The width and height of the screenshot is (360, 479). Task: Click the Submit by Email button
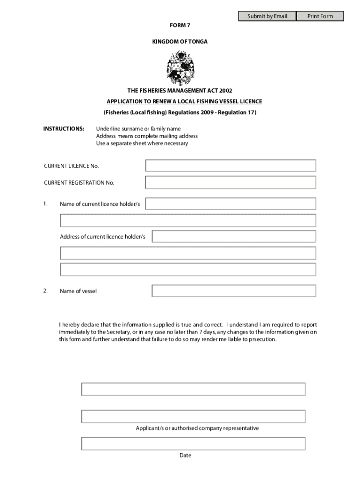tap(267, 16)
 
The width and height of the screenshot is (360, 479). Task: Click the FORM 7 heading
tap(180, 26)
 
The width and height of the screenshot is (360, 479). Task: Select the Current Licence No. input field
tap(230, 166)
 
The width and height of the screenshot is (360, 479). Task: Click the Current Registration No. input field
tap(230, 182)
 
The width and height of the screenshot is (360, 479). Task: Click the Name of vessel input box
tap(234, 291)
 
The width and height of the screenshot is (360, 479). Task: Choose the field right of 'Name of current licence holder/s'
tap(230, 204)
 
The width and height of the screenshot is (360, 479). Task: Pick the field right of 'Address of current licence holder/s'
tap(234, 237)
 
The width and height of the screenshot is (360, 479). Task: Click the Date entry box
tap(193, 443)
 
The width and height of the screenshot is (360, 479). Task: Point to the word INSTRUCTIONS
tap(64, 129)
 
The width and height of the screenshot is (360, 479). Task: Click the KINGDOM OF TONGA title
tap(180, 42)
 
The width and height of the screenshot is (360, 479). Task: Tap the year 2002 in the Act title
tap(224, 91)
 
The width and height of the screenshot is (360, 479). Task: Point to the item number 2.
tap(45, 291)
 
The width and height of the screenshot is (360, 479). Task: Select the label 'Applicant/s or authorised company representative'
tap(197, 428)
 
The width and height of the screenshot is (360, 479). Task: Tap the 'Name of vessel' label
tap(78, 291)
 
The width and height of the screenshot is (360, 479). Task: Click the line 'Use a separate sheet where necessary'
tap(142, 143)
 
